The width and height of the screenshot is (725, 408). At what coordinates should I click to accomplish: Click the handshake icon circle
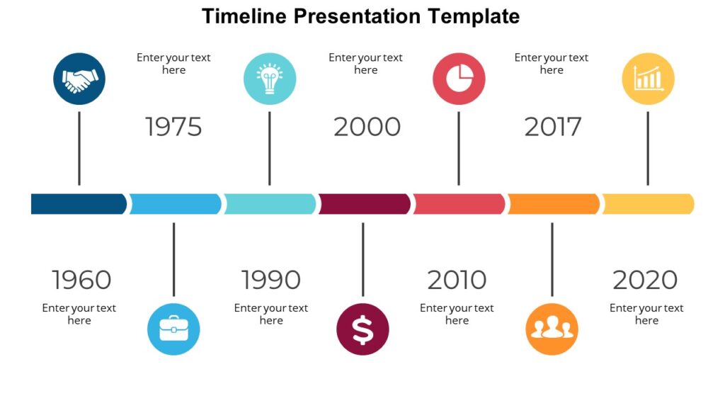79,79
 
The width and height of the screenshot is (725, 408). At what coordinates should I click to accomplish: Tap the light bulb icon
269,79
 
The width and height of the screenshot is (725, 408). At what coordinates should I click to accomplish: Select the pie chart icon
459,79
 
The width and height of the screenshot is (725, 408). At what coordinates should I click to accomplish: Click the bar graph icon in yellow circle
648,79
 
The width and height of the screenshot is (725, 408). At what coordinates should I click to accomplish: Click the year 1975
173,127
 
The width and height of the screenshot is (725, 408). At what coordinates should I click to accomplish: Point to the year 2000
367,127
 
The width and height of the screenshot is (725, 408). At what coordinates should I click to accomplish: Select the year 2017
552,127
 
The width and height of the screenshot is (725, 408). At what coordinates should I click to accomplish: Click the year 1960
81,280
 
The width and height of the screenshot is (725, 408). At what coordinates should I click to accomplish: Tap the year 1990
270,280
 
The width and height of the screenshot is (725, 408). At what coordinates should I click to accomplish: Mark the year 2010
457,280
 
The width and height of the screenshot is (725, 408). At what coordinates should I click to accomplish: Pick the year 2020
645,280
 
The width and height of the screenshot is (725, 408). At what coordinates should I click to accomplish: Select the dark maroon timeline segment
364,204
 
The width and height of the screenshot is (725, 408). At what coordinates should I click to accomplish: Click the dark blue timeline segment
78,204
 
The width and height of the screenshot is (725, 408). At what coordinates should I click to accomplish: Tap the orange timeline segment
553,204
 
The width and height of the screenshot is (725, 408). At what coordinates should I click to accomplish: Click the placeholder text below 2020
646,314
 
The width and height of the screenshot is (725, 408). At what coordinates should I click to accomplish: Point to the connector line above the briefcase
173,259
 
